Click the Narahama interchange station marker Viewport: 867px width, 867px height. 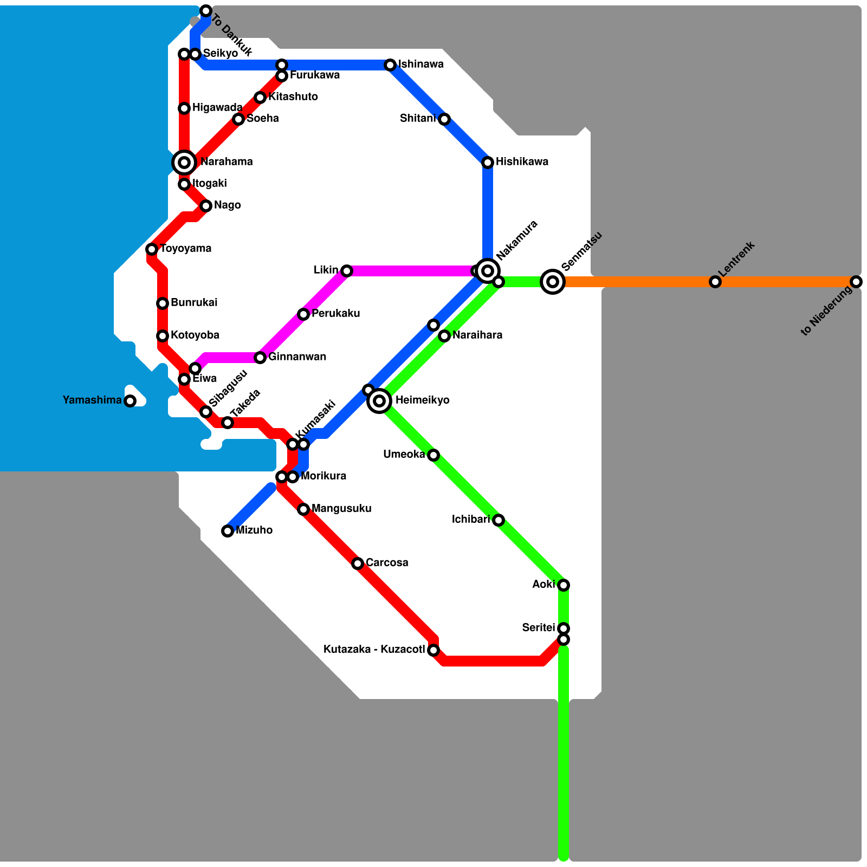pos(184,162)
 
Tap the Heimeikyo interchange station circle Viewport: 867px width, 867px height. pos(379,401)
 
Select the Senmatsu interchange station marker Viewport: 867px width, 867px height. pos(553,281)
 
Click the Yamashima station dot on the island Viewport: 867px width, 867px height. pos(130,401)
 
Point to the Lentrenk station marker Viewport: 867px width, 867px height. pos(715,282)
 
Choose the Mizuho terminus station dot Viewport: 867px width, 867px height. pos(228,531)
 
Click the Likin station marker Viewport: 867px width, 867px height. pos(347,270)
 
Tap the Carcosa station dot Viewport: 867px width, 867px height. pos(358,564)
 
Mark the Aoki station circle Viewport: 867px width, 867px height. pos(564,585)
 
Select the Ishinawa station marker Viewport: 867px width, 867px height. pos(390,65)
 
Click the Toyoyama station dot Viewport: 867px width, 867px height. pos(152,249)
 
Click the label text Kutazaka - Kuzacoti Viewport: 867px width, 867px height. pos(374,650)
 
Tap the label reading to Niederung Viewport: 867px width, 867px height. pos(826,312)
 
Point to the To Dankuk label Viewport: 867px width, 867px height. pos(231,36)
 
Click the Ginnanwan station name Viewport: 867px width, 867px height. pos(297,357)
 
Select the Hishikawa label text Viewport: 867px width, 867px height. pos(522,162)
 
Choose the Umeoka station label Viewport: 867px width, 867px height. pos(404,455)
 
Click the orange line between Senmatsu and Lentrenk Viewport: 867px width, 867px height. pos(634,282)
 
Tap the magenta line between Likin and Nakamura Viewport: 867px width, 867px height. pos(412,270)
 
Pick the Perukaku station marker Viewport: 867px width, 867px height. pos(303,314)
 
